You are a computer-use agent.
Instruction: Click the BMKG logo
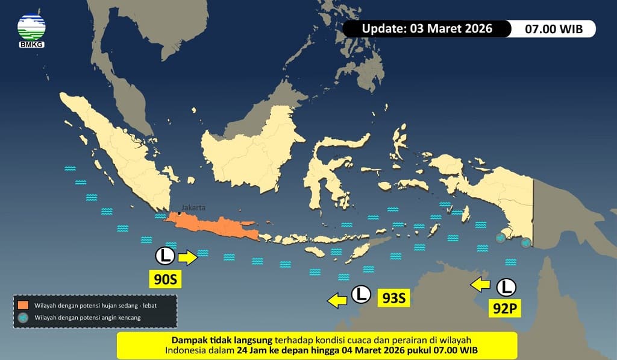click(31, 30)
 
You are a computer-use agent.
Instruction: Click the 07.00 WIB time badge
click(553, 28)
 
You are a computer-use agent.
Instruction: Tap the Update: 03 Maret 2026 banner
click(427, 28)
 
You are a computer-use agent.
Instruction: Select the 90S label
click(164, 279)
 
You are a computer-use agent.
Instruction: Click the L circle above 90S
click(164, 256)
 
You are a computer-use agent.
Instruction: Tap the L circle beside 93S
click(361, 294)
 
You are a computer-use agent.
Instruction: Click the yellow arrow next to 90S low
click(187, 257)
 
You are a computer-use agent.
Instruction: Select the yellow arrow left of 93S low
click(337, 298)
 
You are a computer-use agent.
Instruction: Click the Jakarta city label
click(193, 207)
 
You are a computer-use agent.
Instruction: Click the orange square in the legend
click(23, 305)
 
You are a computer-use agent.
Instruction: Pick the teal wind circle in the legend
click(23, 317)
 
